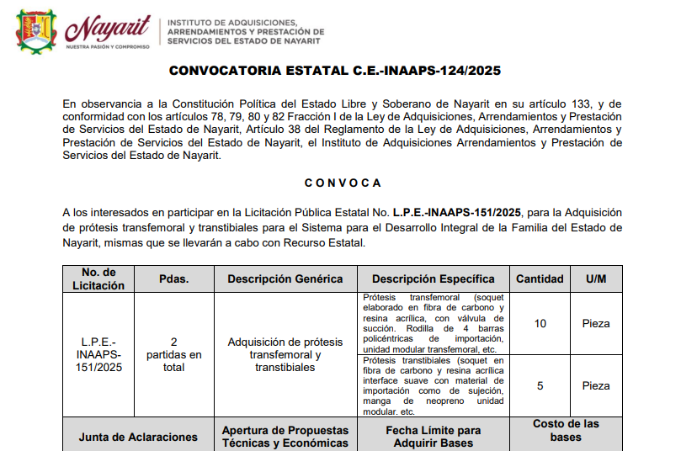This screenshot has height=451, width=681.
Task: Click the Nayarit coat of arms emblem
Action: click(x=35, y=30)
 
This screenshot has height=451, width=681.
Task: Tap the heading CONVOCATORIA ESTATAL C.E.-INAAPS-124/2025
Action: click(x=335, y=72)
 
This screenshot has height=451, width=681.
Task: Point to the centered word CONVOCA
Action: click(x=343, y=183)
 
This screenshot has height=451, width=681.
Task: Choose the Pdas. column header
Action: click(x=173, y=279)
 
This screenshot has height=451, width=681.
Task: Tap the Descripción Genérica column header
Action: click(x=285, y=279)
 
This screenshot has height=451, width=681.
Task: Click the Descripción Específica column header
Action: click(x=434, y=279)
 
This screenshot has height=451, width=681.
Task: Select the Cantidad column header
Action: click(x=540, y=279)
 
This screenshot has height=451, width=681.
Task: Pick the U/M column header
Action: click(x=596, y=279)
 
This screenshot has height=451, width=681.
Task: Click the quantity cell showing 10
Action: click(x=540, y=324)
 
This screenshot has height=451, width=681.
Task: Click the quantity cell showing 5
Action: click(x=540, y=386)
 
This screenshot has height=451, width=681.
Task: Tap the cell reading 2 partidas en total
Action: click(x=173, y=354)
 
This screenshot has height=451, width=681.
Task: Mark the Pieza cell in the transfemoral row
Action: click(x=596, y=324)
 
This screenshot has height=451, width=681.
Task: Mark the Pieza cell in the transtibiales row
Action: click(x=596, y=386)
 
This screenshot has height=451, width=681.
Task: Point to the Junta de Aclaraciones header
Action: click(x=138, y=437)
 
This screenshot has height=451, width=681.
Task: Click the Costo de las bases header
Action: click(x=567, y=430)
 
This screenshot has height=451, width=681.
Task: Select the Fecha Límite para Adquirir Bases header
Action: click(x=434, y=436)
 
